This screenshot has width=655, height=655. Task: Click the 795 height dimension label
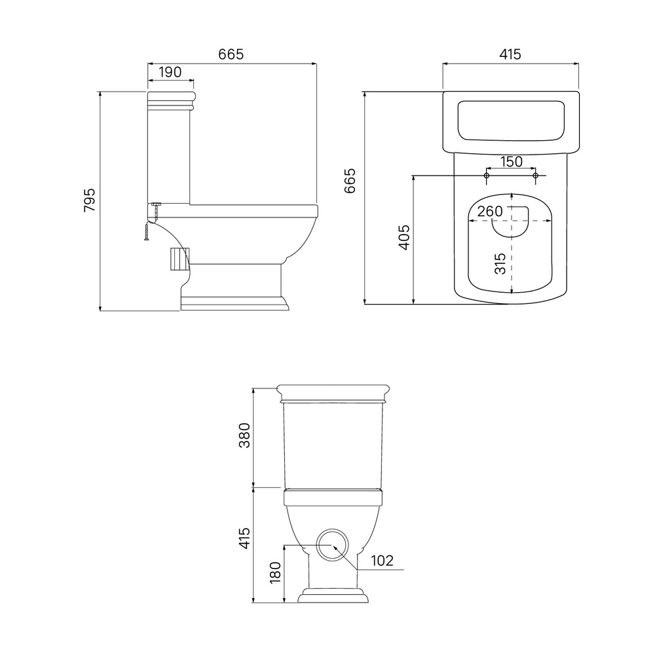[89, 200]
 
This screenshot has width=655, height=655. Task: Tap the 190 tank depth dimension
[170, 72]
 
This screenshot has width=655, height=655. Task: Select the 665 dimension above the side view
[231, 54]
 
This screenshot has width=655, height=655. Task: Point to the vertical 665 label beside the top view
[350, 181]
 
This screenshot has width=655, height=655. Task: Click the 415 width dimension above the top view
[510, 54]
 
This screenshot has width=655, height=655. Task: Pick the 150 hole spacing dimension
[512, 161]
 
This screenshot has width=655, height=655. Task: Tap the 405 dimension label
[404, 238]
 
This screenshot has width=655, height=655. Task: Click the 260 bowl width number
[490, 212]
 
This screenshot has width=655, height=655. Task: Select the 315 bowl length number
[500, 263]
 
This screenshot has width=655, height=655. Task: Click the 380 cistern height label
[244, 436]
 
